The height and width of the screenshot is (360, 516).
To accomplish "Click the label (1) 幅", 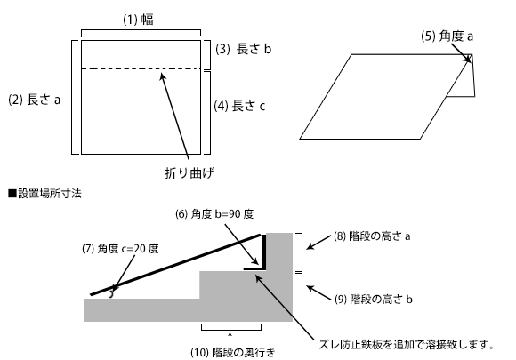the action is tap(138, 20).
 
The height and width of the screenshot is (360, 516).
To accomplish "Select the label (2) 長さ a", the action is tap(35, 100).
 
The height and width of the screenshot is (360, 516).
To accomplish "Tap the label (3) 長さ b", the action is tap(244, 49).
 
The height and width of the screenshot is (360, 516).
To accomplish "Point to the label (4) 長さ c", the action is tap(239, 106).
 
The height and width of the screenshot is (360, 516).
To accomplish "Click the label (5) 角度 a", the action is tap(447, 36).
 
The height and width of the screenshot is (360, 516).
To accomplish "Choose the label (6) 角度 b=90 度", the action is tap(214, 214).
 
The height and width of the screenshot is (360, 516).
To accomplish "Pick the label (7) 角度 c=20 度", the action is tap(120, 249).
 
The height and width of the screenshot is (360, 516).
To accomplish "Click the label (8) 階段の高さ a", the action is tap(372, 236).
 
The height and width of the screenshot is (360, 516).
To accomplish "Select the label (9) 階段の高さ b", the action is tap(374, 300).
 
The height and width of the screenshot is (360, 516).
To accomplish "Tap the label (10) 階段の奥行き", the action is tap(233, 352).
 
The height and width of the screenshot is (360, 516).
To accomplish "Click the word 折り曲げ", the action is tap(189, 173).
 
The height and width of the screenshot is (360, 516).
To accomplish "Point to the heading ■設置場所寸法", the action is tap(44, 193).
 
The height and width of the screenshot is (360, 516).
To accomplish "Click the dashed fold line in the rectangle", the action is tap(141, 69).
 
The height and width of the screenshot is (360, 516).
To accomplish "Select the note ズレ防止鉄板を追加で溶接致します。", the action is tap(407, 345).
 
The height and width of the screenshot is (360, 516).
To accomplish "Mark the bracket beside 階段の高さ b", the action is tap(299, 286).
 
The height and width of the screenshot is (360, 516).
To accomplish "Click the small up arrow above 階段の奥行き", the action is tap(230, 339).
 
